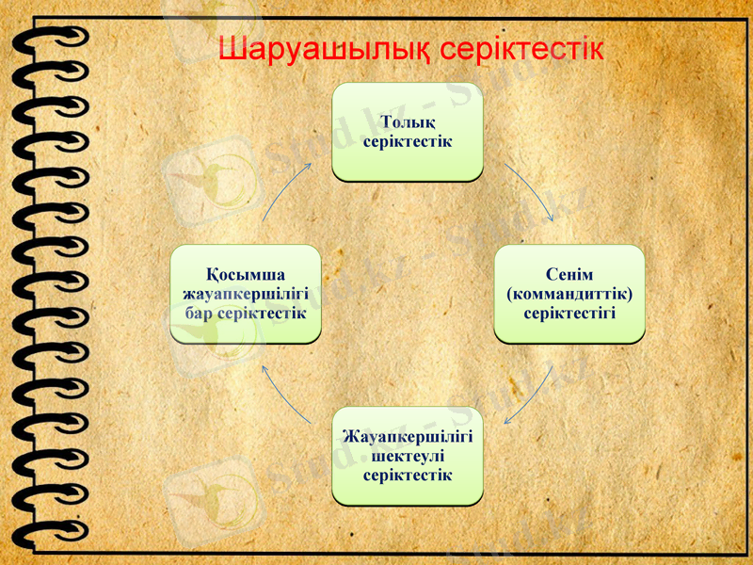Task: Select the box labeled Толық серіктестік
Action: (408, 132)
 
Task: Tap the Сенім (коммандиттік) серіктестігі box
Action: (569, 293)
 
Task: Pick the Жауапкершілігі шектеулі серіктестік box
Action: (408, 456)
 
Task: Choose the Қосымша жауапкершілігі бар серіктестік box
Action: (246, 293)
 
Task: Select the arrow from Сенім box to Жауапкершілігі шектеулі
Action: (531, 395)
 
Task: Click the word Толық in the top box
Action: (408, 122)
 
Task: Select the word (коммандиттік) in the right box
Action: (569, 293)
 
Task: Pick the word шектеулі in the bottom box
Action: (408, 456)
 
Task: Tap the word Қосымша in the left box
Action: (246, 275)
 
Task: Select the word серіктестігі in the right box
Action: (569, 311)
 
